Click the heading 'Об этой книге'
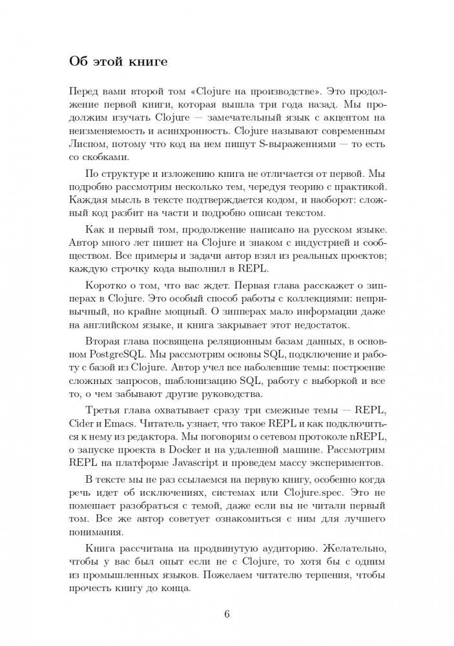pyautogui.click(x=118, y=63)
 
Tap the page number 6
pyautogui.click(x=227, y=613)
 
